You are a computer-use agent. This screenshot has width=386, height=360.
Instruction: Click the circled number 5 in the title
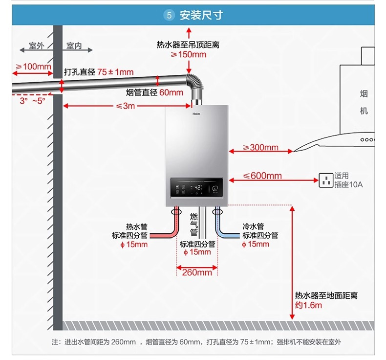point(170,15)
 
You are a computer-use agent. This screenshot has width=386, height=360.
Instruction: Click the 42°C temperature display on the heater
point(198,187)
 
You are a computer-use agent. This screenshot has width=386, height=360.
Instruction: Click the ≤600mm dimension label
point(262,176)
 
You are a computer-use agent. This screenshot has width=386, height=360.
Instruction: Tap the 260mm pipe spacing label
point(197,272)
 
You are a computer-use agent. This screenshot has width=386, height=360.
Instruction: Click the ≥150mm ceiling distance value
point(188,54)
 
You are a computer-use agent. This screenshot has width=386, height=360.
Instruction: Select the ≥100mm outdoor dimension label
point(33,67)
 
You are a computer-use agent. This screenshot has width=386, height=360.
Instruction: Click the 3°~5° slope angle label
point(32,100)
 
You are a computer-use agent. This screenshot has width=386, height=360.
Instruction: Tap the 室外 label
point(36,46)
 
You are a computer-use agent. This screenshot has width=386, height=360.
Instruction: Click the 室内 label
point(74,46)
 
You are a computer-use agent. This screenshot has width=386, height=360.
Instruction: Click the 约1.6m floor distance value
point(308,306)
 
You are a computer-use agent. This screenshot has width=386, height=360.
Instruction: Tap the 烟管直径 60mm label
point(154,92)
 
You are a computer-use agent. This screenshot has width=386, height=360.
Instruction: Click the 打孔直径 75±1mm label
point(99,72)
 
